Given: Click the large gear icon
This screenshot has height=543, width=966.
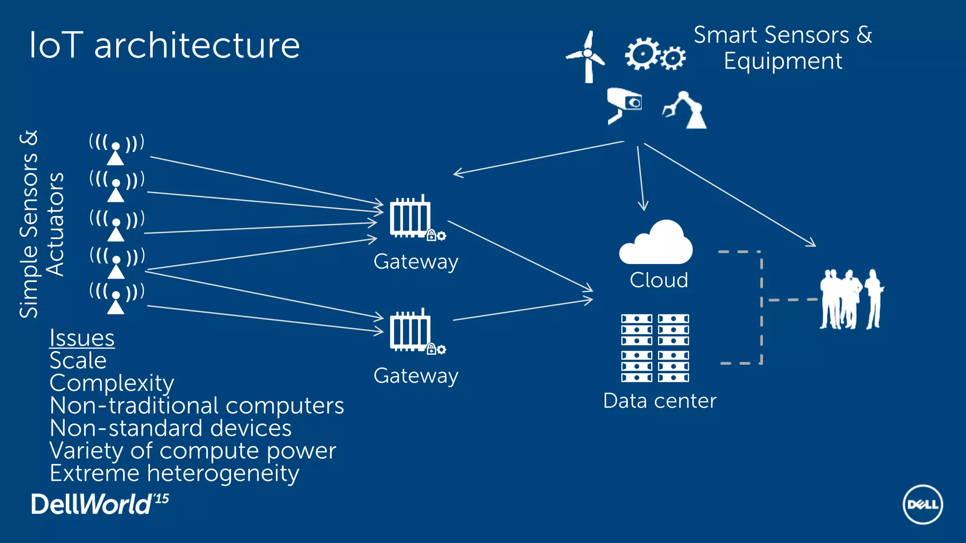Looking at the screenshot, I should pyautogui.click(x=641, y=53).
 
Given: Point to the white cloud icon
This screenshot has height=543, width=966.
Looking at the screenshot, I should pyautogui.click(x=656, y=243).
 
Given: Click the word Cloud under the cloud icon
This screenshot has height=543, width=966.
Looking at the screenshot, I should pyautogui.click(x=659, y=280).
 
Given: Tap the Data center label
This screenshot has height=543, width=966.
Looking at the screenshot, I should pyautogui.click(x=659, y=401).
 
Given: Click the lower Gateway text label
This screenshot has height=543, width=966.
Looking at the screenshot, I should pyautogui.click(x=416, y=376).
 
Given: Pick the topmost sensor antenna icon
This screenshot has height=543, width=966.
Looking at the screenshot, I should pyautogui.click(x=116, y=149).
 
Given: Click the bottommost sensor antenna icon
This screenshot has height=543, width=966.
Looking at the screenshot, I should pyautogui.click(x=116, y=298).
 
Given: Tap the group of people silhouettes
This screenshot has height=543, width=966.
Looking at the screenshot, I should pyautogui.click(x=851, y=299).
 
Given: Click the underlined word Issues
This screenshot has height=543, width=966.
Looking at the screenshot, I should pyautogui.click(x=82, y=338).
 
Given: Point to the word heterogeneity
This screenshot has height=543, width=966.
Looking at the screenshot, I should pyautogui.click(x=223, y=473).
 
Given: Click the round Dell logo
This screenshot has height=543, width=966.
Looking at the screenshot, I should pyautogui.click(x=923, y=504).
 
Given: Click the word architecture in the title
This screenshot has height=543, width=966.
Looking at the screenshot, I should pyautogui.click(x=197, y=46).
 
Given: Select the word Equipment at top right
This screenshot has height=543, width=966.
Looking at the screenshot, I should pyautogui.click(x=783, y=61).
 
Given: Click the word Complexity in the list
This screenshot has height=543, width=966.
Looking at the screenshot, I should pyautogui.click(x=112, y=383).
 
